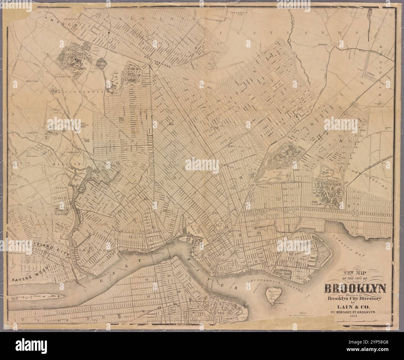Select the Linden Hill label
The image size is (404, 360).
(x=73, y=152)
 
